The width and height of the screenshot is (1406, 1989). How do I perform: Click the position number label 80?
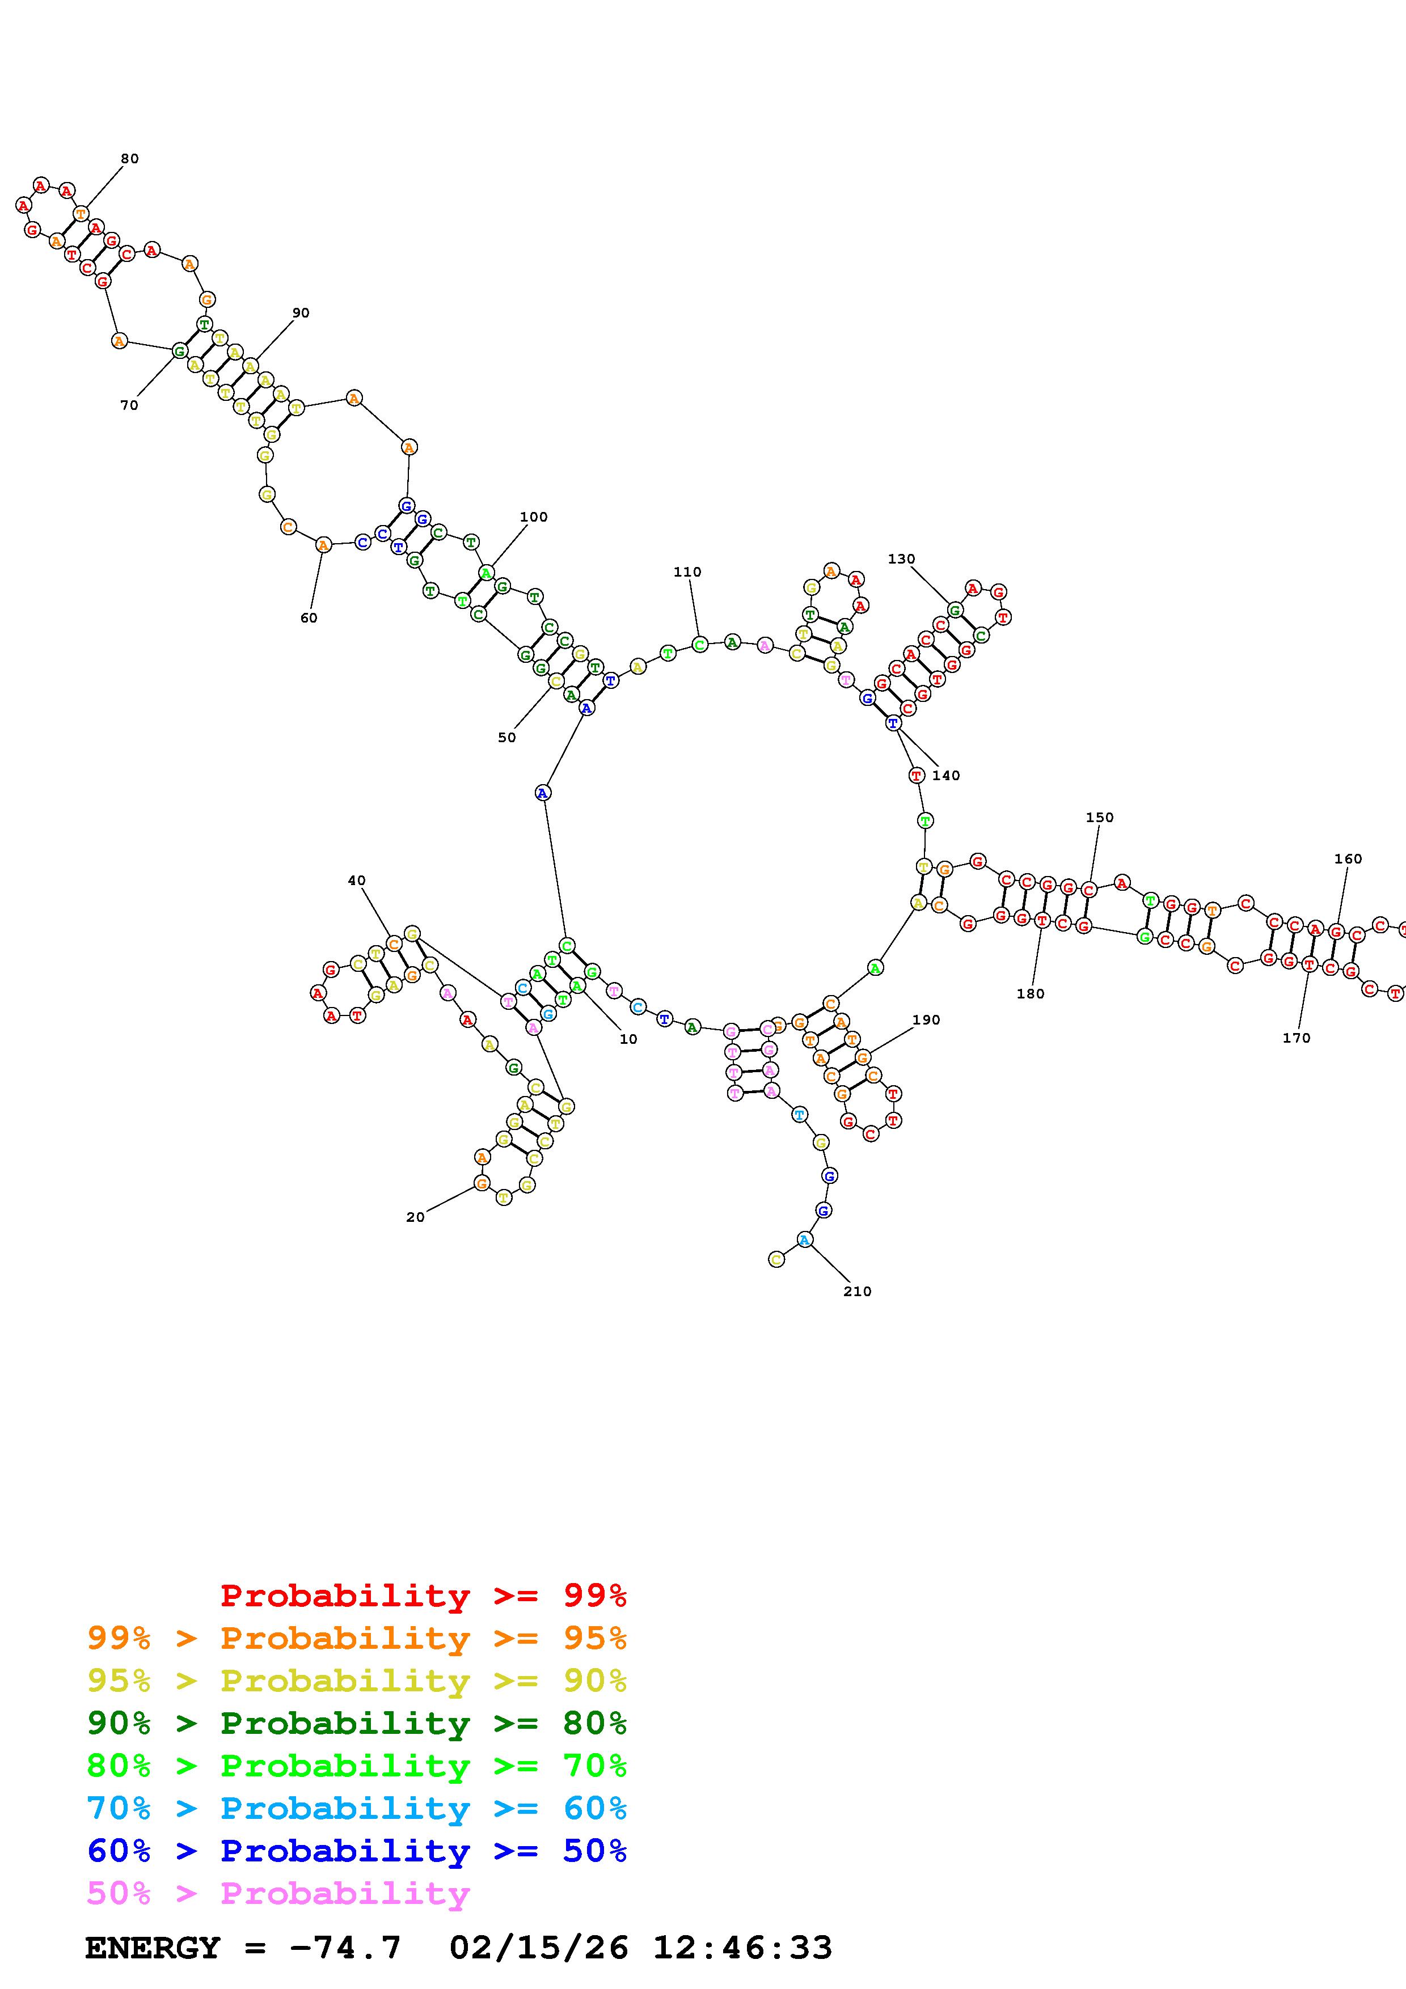point(129,159)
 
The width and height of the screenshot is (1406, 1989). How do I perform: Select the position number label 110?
point(687,572)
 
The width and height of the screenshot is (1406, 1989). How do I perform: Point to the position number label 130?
point(901,558)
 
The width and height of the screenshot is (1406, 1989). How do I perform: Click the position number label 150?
point(1099,817)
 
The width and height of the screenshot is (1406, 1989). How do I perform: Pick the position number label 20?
point(415,1217)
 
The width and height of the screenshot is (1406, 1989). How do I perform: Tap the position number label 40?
point(356,880)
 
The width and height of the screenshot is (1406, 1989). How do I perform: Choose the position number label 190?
point(926,1019)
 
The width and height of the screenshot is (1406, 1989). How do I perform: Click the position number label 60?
point(309,617)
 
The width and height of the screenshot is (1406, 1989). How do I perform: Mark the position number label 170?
point(1296,1038)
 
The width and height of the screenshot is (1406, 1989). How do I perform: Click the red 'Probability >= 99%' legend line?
point(424,1596)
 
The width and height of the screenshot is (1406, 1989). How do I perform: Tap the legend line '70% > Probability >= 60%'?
point(357,1809)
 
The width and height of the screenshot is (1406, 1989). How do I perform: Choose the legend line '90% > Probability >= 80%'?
point(357,1724)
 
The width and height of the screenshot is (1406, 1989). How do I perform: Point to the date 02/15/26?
point(538,1948)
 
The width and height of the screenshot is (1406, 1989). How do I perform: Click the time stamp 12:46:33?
point(741,1948)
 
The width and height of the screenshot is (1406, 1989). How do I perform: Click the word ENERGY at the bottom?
point(153,1948)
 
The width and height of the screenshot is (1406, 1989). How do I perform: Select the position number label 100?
point(534,517)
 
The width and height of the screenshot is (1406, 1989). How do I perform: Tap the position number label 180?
point(1030,993)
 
